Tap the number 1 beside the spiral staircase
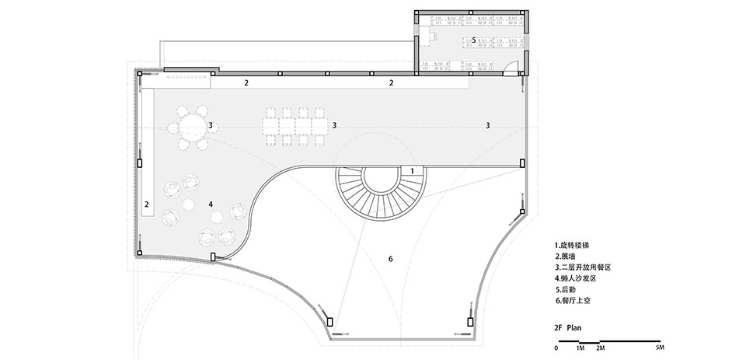point(411,170)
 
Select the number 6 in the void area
point(391,258)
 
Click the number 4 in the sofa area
point(211,204)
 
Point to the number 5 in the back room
point(473,38)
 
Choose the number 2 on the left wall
point(146,204)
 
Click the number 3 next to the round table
point(211,125)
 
